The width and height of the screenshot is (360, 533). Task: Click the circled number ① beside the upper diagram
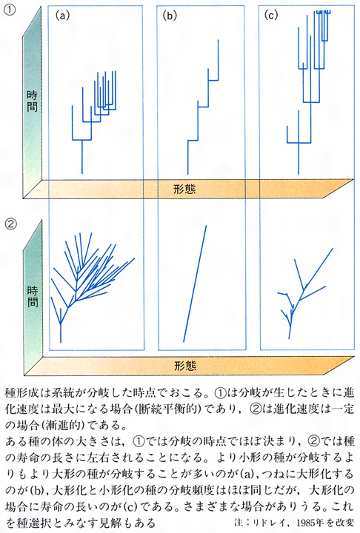click(x=10, y=10)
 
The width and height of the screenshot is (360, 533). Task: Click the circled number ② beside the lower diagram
click(x=10, y=224)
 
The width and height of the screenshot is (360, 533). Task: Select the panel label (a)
click(x=63, y=16)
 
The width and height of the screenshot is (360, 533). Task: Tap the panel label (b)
click(x=170, y=16)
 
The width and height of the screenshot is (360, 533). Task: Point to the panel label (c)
click(x=271, y=16)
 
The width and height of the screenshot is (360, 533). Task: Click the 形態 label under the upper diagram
click(x=184, y=189)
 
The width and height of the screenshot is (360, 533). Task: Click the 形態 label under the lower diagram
click(x=185, y=366)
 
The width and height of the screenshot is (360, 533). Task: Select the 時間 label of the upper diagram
click(x=33, y=101)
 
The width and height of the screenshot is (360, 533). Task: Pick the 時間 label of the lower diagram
click(x=33, y=296)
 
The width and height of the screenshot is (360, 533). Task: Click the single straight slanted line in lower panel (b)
click(x=195, y=283)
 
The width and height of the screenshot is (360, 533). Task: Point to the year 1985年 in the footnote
click(x=310, y=522)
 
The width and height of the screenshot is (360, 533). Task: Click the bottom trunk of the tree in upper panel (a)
click(x=82, y=157)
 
